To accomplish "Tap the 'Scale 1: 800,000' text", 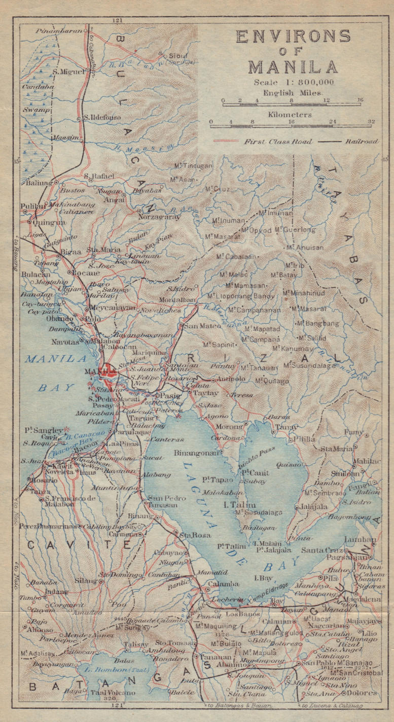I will click(294, 82).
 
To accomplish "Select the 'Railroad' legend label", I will click(363, 142).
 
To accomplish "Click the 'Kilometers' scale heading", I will click(293, 115).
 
